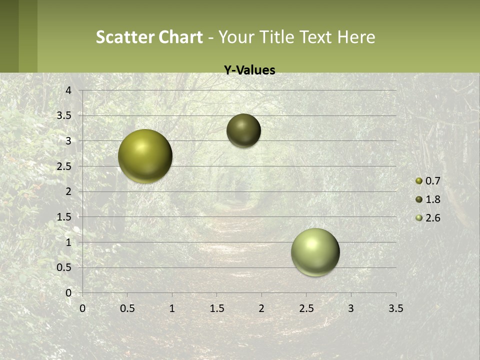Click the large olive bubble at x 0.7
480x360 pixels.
(x=145, y=156)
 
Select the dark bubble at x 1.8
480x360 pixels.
(x=243, y=130)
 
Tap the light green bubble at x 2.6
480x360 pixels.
(x=315, y=252)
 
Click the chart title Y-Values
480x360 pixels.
(x=249, y=70)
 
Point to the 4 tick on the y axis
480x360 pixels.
(x=69, y=90)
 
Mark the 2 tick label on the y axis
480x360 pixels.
(x=69, y=191)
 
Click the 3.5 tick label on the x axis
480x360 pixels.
(x=395, y=309)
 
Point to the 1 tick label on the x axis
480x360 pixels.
(x=172, y=309)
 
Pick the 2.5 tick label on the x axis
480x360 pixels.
(x=306, y=309)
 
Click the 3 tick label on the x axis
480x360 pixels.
(x=351, y=309)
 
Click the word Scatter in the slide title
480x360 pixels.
(x=124, y=37)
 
